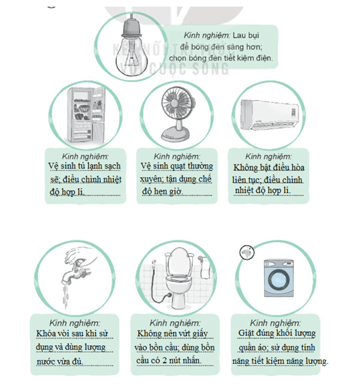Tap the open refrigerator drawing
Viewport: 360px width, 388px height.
pyautogui.click(x=86, y=116)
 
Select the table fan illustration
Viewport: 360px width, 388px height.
pyautogui.click(x=177, y=114)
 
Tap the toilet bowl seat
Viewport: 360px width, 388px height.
pyautogui.click(x=178, y=281)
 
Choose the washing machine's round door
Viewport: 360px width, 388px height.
pyautogui.click(x=279, y=280)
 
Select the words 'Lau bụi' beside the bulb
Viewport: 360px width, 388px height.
pyautogui.click(x=246, y=35)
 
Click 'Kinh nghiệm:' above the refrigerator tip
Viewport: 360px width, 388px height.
pyautogui.click(x=85, y=156)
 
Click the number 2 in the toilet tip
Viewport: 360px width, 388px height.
pyautogui.click(x=164, y=360)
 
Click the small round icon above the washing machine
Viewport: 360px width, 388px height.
pyautogui.click(x=246, y=252)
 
